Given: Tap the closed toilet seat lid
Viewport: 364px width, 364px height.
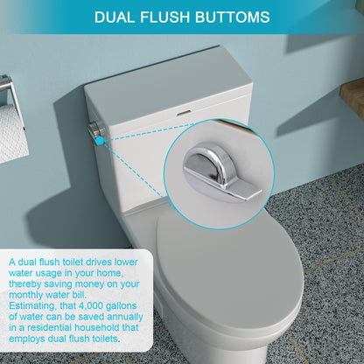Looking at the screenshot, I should click(x=229, y=267).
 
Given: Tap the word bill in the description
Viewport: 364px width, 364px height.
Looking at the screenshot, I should click(x=81, y=294).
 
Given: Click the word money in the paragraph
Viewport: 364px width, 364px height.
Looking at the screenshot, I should click(x=98, y=283).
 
